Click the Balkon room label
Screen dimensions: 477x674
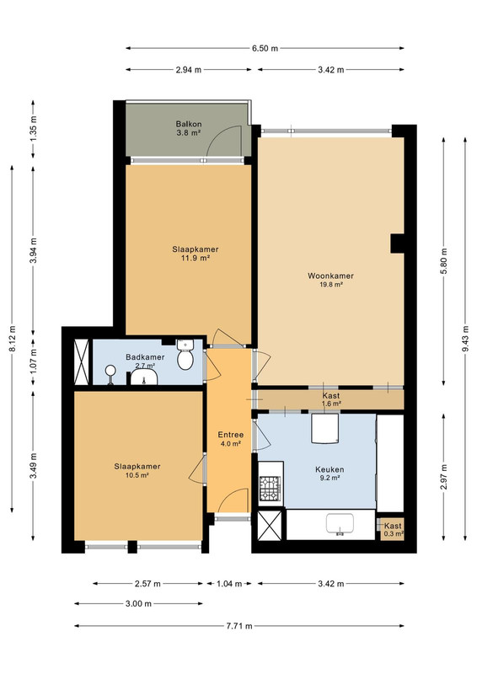(x=189, y=129)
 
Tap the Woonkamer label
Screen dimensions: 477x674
(x=330, y=280)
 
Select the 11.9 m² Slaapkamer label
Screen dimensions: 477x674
(x=196, y=254)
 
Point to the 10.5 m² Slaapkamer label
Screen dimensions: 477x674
(x=137, y=470)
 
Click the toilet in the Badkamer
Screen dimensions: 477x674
(x=185, y=355)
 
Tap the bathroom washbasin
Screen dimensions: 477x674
(x=144, y=378)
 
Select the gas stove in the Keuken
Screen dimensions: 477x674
(x=270, y=489)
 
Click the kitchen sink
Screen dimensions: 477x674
(x=340, y=524)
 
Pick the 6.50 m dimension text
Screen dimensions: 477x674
(x=265, y=48)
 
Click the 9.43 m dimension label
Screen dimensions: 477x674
(x=465, y=339)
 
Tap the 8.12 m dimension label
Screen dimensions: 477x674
(x=12, y=339)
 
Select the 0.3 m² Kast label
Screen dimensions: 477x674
(x=393, y=530)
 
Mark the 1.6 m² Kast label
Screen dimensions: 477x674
(x=330, y=399)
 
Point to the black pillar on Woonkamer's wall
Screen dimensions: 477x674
(x=397, y=243)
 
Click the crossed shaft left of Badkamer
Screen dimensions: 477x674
(x=81, y=362)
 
